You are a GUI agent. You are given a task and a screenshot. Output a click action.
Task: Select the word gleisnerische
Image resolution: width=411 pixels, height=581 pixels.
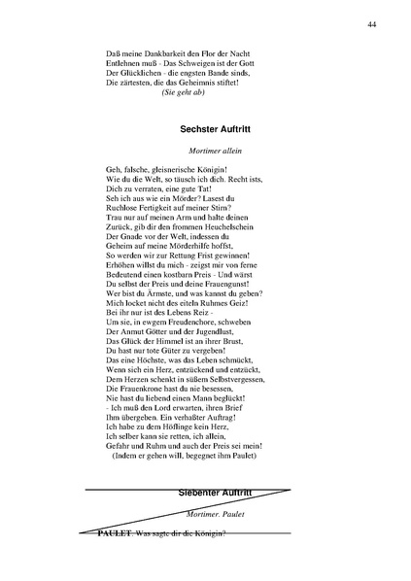[x=181, y=169]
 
